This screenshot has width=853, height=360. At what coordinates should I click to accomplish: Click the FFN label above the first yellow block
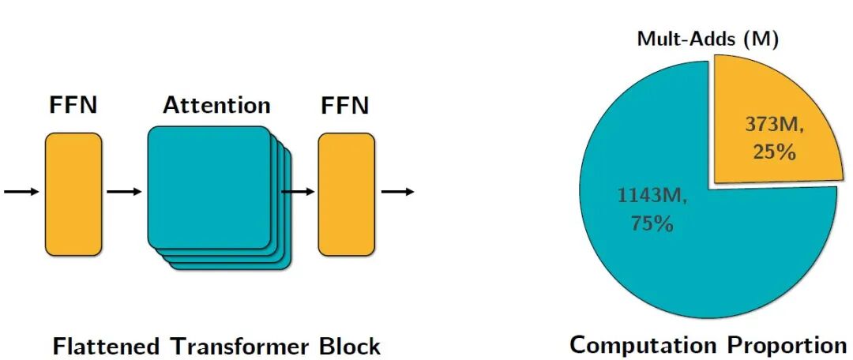[x=73, y=107]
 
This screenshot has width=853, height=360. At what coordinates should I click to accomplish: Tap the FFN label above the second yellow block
[x=345, y=106]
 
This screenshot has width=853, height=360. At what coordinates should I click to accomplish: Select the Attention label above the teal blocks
[x=216, y=106]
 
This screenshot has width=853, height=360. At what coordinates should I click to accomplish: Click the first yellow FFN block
[x=73, y=193]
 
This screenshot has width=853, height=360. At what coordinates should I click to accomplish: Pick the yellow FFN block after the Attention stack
[x=346, y=193]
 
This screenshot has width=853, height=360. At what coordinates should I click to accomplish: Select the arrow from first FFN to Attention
[x=124, y=192]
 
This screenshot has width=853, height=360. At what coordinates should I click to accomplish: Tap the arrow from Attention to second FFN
[x=299, y=192]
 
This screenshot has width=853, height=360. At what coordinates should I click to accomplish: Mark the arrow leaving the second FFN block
[x=397, y=192]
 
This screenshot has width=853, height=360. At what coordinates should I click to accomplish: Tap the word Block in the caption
[x=350, y=346]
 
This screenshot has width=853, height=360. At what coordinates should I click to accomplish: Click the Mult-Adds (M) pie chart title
[x=708, y=40]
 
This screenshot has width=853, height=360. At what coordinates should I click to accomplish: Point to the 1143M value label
[x=652, y=195]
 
